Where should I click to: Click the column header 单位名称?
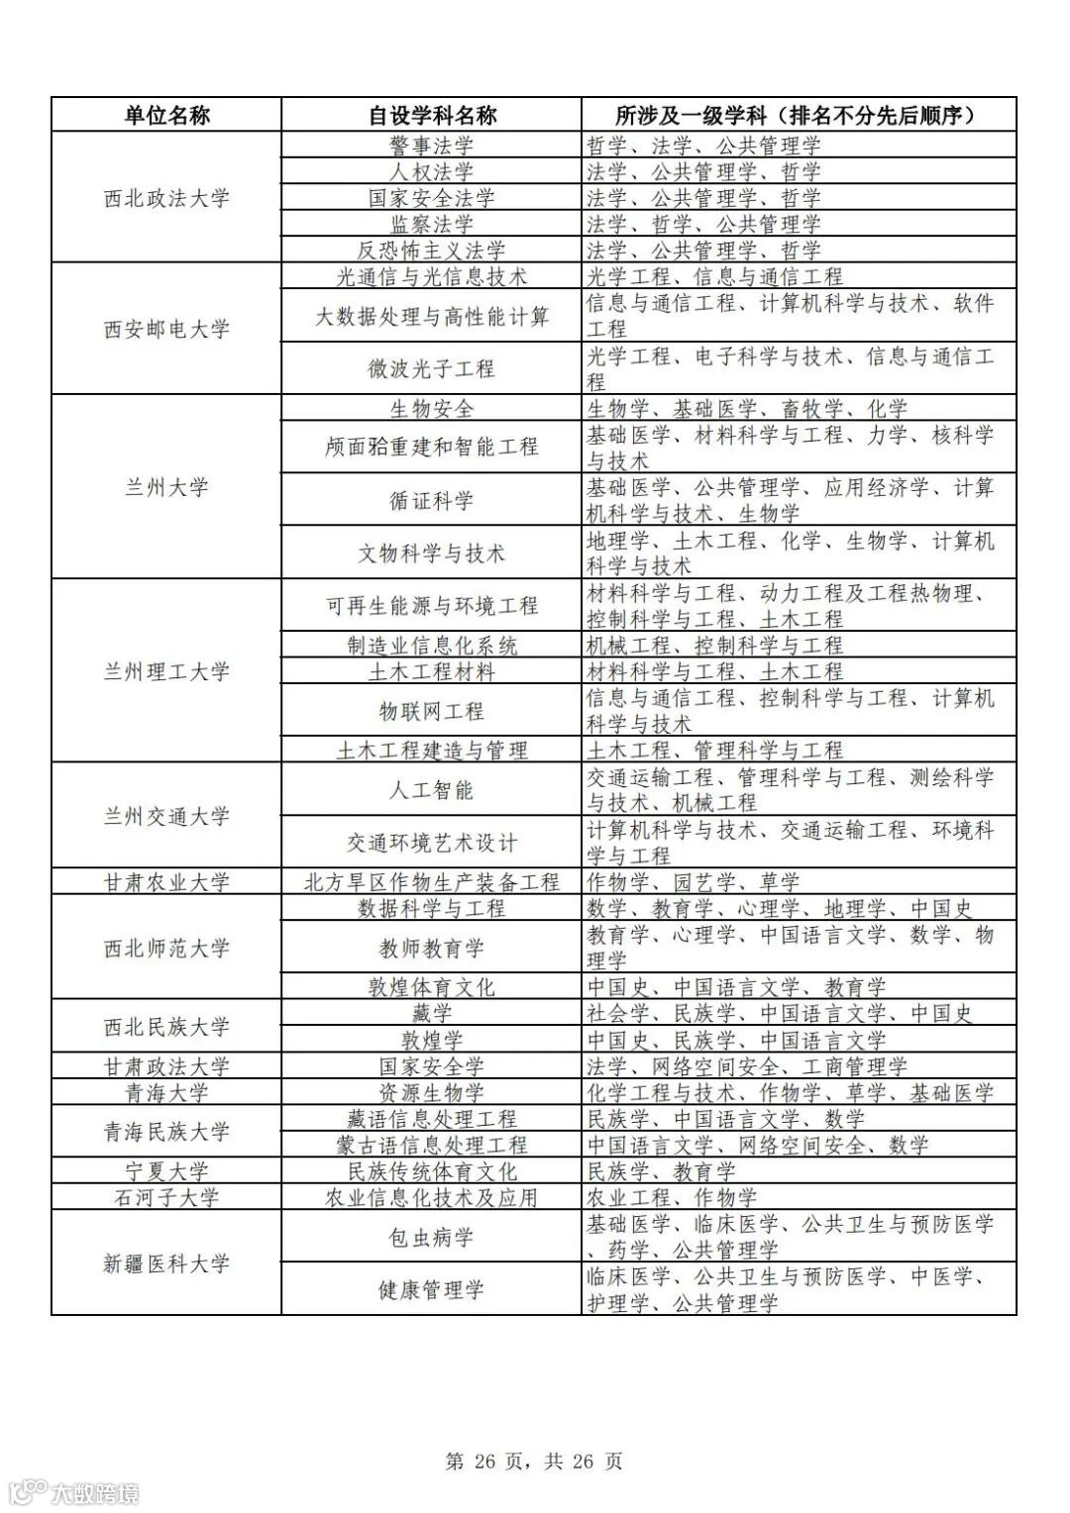click(166, 115)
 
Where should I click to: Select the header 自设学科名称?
click(432, 115)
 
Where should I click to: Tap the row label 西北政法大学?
click(166, 198)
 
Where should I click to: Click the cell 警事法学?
click(432, 146)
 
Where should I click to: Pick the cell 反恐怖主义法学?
click(432, 251)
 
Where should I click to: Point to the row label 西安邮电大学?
click(166, 329)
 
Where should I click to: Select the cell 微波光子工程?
click(432, 369)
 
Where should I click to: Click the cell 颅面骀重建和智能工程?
click(432, 448)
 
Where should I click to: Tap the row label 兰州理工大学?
click(166, 671)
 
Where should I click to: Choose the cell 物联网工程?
click(432, 711)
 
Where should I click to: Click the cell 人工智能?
click(432, 790)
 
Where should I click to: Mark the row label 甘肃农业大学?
click(166, 882)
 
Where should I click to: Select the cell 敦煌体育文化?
click(432, 987)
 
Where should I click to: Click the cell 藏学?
click(432, 1013)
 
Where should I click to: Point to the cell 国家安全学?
click(432, 1066)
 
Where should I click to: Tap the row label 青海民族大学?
click(166, 1132)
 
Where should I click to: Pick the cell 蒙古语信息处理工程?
click(432, 1146)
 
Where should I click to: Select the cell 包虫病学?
click(432, 1237)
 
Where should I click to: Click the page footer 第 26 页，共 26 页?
click(534, 1461)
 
